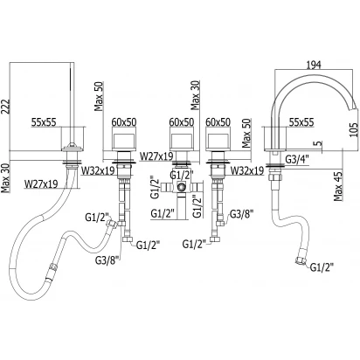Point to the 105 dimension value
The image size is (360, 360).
coord(352,130)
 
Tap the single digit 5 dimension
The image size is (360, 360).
coord(319,143)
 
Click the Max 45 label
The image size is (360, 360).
coord(338,186)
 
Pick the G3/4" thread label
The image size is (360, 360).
coord(297,159)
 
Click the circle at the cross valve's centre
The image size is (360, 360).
coord(181,186)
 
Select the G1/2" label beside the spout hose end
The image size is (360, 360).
coord(322,267)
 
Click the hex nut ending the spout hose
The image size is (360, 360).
coord(300,260)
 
